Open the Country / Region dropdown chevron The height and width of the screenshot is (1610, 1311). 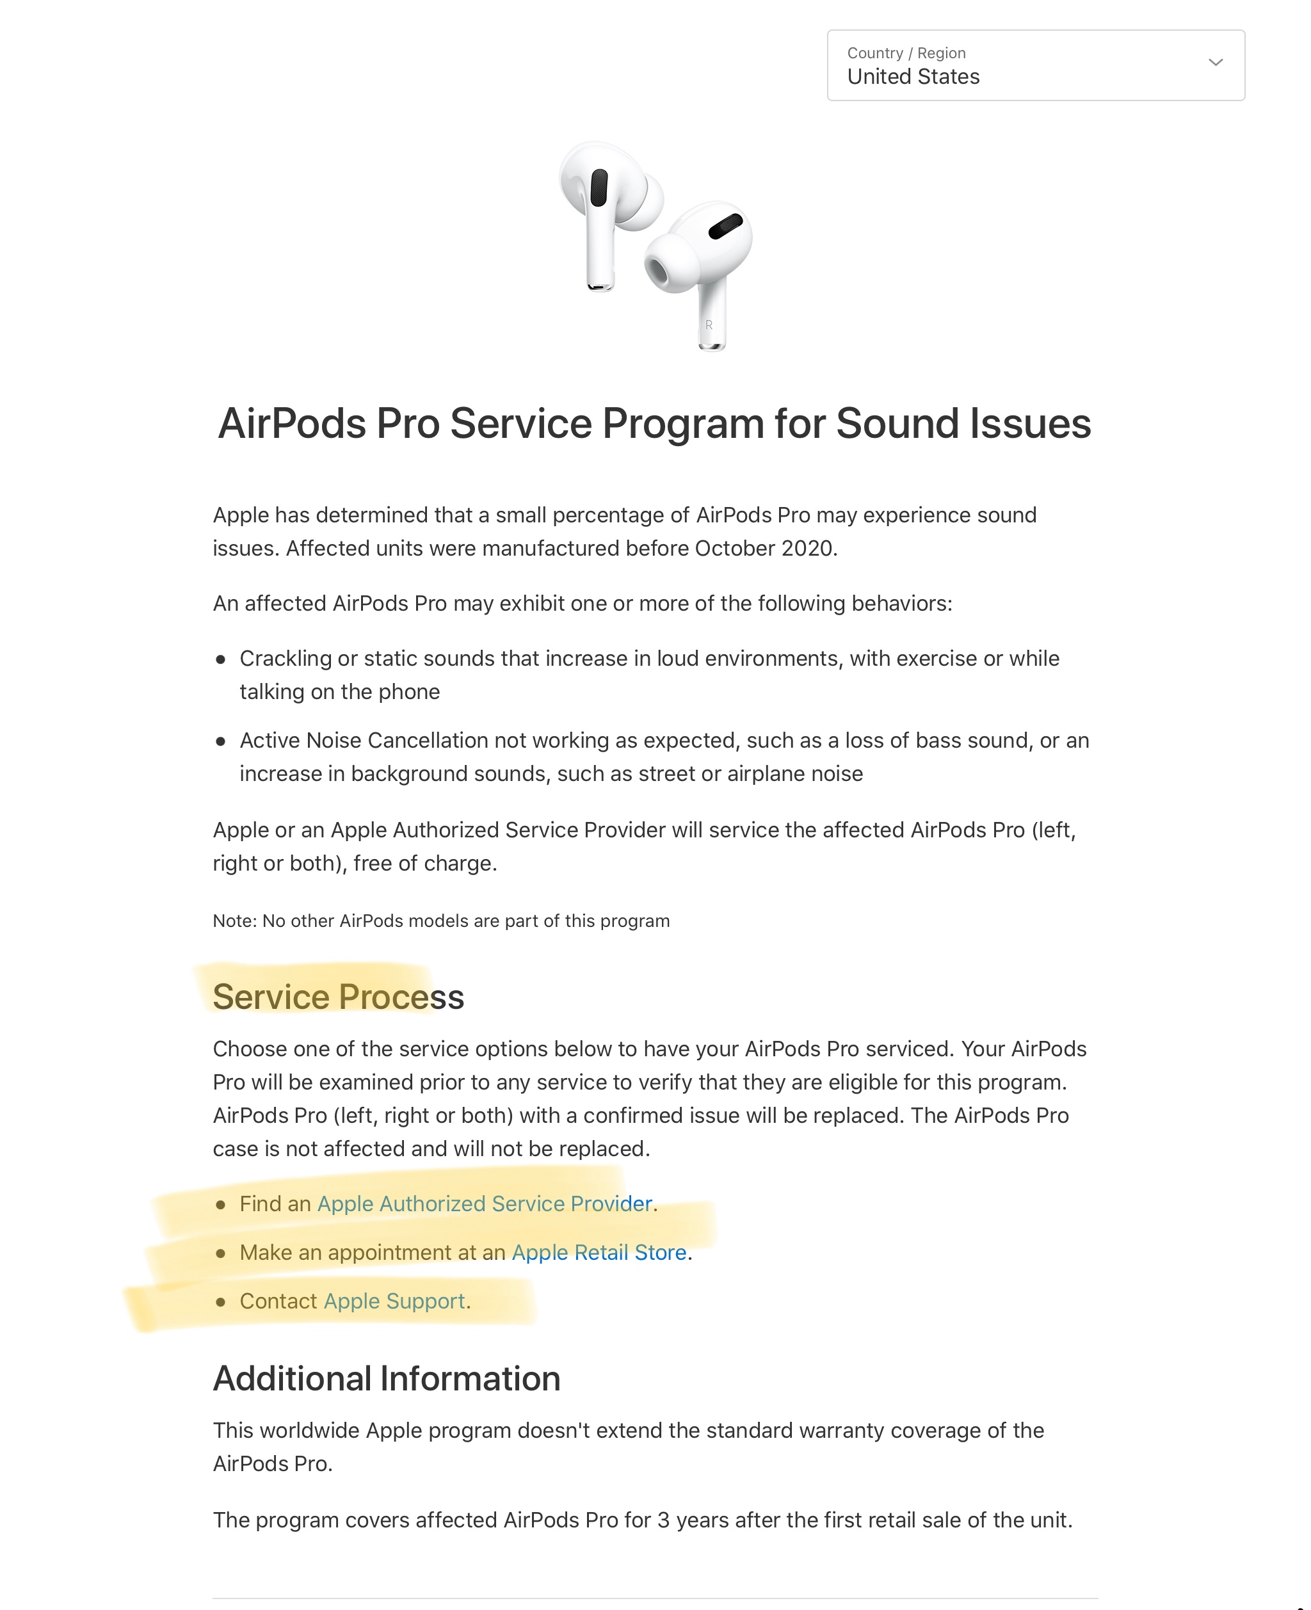click(x=1215, y=63)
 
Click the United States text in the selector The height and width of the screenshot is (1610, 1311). click(x=913, y=77)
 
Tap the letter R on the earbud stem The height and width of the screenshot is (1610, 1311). click(x=709, y=325)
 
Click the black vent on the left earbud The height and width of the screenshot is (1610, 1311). click(x=599, y=188)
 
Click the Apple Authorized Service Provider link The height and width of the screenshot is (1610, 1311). click(x=484, y=1203)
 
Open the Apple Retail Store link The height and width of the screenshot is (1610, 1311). click(x=599, y=1253)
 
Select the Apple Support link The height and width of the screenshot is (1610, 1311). click(x=394, y=1301)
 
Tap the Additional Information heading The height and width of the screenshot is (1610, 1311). click(x=387, y=1379)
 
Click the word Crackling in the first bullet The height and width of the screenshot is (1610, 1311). click(x=286, y=659)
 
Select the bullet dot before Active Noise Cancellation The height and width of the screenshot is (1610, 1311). click(x=220, y=741)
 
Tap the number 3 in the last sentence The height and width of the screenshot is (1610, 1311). click(x=663, y=1520)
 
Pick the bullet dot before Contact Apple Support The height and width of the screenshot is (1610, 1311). click(x=220, y=1302)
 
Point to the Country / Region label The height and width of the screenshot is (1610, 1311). click(x=906, y=53)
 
